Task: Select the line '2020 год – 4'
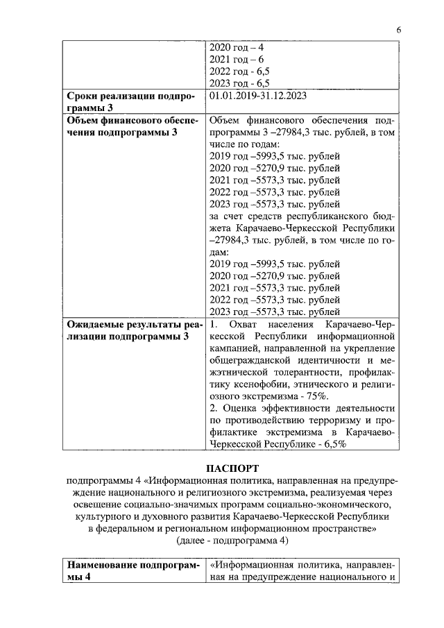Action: (237, 48)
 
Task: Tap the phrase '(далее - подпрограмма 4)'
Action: (230, 539)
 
